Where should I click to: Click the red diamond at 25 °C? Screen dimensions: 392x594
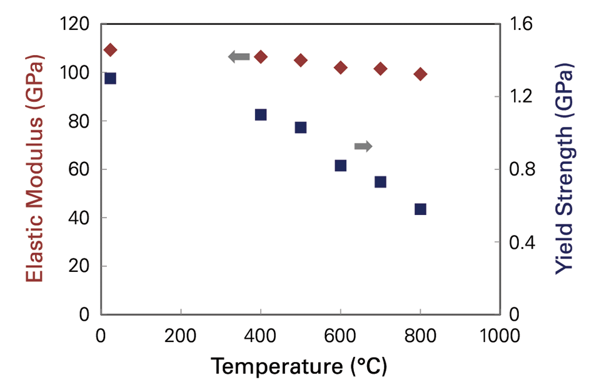click(110, 50)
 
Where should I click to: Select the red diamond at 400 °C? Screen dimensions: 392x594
click(261, 57)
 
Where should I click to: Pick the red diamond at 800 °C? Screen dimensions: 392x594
click(420, 74)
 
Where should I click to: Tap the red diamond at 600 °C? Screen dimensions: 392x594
click(341, 68)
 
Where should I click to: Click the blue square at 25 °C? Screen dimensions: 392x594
click(110, 78)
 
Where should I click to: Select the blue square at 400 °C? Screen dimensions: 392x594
click(261, 114)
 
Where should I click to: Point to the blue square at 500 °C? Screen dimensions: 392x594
click(301, 128)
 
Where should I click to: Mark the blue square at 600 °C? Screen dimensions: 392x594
click(341, 166)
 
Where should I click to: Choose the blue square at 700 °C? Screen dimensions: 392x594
click(380, 182)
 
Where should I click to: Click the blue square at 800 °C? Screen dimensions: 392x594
click(420, 209)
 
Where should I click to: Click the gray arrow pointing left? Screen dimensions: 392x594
click(239, 58)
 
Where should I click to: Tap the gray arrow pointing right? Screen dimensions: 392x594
click(363, 146)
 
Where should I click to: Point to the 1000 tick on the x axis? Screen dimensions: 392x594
click(500, 336)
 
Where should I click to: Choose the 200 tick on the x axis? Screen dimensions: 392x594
click(181, 336)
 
